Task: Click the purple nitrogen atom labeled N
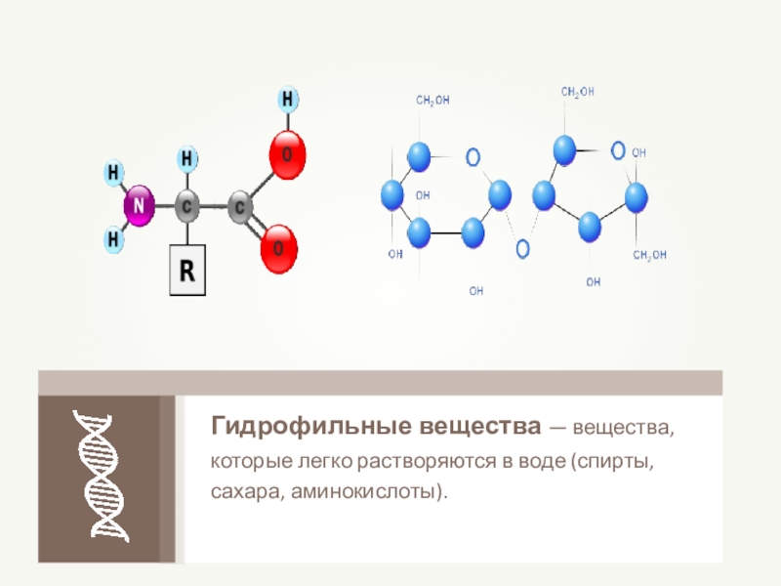(x=138, y=206)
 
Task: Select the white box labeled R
(x=188, y=271)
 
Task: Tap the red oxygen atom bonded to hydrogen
(x=287, y=156)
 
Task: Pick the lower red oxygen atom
(x=278, y=250)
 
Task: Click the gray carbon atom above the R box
(x=188, y=207)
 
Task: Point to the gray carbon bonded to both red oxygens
(x=240, y=207)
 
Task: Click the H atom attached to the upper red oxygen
(x=288, y=100)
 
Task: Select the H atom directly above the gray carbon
(x=188, y=158)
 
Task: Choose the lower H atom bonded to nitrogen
(x=114, y=237)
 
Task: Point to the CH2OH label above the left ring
(x=432, y=100)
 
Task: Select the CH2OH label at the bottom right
(x=649, y=255)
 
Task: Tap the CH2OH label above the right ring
(x=577, y=92)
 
